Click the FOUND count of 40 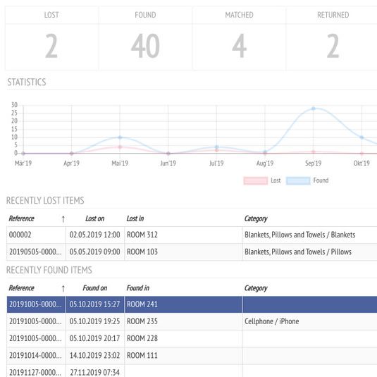tap(145, 46)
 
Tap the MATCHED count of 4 tap(239, 46)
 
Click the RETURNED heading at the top tap(333, 15)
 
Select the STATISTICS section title tap(27, 82)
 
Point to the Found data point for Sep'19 tap(314, 109)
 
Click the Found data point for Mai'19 tap(120, 137)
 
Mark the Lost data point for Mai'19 tap(120, 147)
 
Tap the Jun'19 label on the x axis tap(168, 163)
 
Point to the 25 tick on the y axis tap(14, 113)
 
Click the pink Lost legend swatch tap(255, 180)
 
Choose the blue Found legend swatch tap(298, 180)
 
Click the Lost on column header tap(94, 218)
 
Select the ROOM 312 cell tap(142, 235)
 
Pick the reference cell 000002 tap(20, 235)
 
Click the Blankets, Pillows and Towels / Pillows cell tap(298, 252)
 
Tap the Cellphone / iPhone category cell tap(272, 321)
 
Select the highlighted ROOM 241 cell tap(142, 304)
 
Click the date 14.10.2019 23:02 tap(94, 355)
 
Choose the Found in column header tap(138, 288)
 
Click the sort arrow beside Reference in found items tap(63, 288)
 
